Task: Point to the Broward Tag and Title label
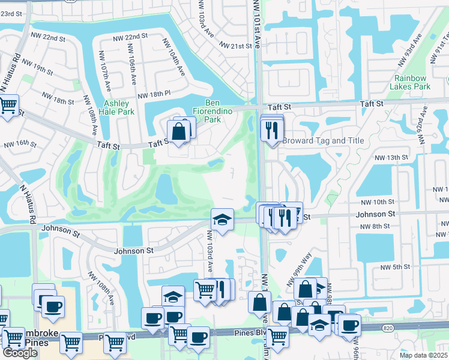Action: [323, 141]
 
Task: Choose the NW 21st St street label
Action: [235, 46]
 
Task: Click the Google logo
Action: [20, 352]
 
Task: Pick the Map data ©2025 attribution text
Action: [424, 355]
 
